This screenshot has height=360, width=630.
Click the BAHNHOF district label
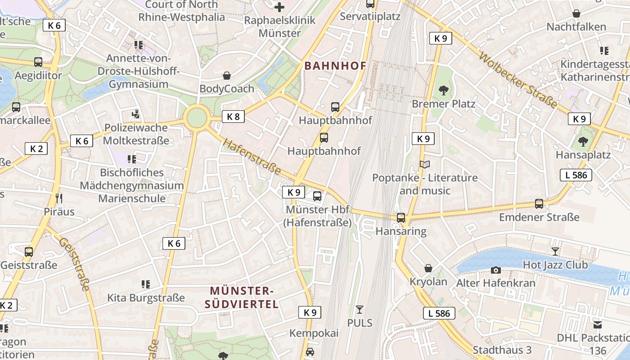(x=335, y=66)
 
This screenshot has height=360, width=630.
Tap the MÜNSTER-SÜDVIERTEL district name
(x=242, y=297)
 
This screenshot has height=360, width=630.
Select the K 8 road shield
(x=233, y=117)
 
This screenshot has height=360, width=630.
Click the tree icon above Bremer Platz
(x=444, y=90)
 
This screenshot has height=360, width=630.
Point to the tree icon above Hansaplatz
(x=583, y=142)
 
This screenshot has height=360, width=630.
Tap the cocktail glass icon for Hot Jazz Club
(x=555, y=252)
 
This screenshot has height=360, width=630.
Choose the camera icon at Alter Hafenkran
(x=496, y=270)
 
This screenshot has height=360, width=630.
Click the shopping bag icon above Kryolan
(x=428, y=269)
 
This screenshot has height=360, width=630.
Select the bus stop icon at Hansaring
(x=400, y=218)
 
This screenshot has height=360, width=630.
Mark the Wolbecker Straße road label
(x=517, y=80)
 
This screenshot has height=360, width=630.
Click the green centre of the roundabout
(x=197, y=118)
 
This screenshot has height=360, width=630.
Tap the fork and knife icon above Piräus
(x=59, y=198)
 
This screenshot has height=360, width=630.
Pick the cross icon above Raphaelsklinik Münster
(x=279, y=7)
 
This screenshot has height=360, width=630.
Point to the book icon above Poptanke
(x=425, y=165)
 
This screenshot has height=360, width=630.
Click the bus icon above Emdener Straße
(x=539, y=204)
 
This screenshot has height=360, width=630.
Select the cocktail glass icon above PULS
(x=359, y=310)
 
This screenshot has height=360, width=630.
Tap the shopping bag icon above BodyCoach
(x=227, y=76)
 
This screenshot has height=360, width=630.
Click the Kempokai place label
(x=314, y=333)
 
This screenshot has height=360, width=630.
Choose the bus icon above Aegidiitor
(x=38, y=62)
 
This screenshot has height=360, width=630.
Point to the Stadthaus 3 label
(x=502, y=350)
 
